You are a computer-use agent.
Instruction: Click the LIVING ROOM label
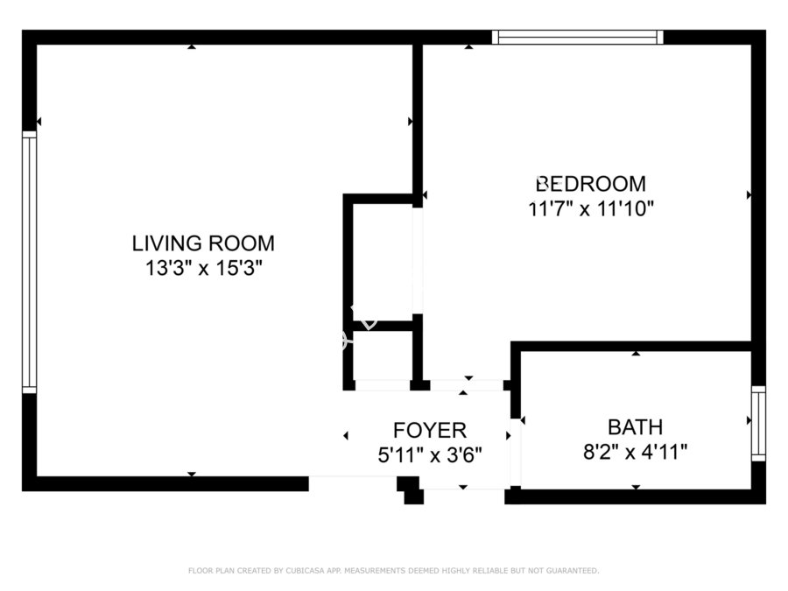pos(203,243)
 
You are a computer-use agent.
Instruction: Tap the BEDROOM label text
pos(591,184)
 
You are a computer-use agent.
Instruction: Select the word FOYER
pos(430,431)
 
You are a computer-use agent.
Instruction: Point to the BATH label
pos(636,427)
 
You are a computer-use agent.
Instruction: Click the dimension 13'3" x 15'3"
pos(204,269)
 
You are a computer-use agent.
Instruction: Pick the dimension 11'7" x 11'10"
pos(591,208)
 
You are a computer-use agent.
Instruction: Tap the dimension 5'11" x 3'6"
pos(430,456)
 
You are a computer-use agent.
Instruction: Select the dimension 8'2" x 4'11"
pos(636,452)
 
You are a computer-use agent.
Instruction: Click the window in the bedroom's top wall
pos(578,37)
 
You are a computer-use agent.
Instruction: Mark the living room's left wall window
pos(30,262)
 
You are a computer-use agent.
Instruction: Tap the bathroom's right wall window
pos(758,423)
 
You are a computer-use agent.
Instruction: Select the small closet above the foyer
pos(383,355)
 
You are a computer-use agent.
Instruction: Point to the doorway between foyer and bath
pos(516,453)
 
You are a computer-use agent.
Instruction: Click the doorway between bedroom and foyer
pos(467,385)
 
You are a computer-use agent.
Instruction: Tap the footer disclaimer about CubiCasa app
pos(393,570)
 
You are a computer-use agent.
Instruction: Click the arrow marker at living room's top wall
pos(192,46)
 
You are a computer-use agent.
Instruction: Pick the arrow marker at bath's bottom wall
pos(637,487)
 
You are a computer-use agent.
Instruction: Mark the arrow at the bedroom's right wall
pos(749,195)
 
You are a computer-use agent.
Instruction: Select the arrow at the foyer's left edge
pos(346,436)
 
